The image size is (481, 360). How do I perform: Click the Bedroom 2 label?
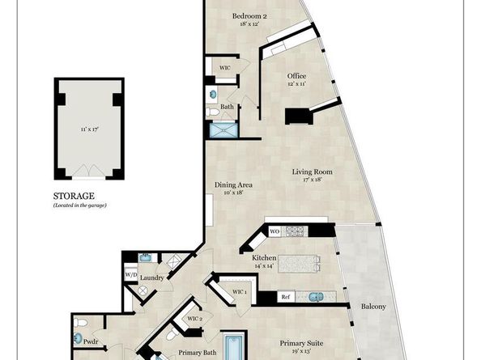pyautogui.click(x=249, y=16)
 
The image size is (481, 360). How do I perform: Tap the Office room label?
pyautogui.click(x=296, y=76)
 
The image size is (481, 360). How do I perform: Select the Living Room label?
pyautogui.click(x=313, y=172)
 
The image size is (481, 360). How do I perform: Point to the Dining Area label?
pyautogui.click(x=233, y=185)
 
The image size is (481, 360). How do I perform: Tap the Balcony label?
pyautogui.click(x=374, y=306)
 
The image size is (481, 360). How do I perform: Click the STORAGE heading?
pyautogui.click(x=74, y=196)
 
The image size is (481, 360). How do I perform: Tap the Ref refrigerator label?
pyautogui.click(x=285, y=297)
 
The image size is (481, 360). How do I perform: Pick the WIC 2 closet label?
pyautogui.click(x=194, y=319)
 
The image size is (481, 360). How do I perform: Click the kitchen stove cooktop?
pyautogui.click(x=296, y=231)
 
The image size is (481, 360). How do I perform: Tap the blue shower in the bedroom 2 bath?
pyautogui.click(x=221, y=129)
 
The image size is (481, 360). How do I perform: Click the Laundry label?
pyautogui.click(x=152, y=278)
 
